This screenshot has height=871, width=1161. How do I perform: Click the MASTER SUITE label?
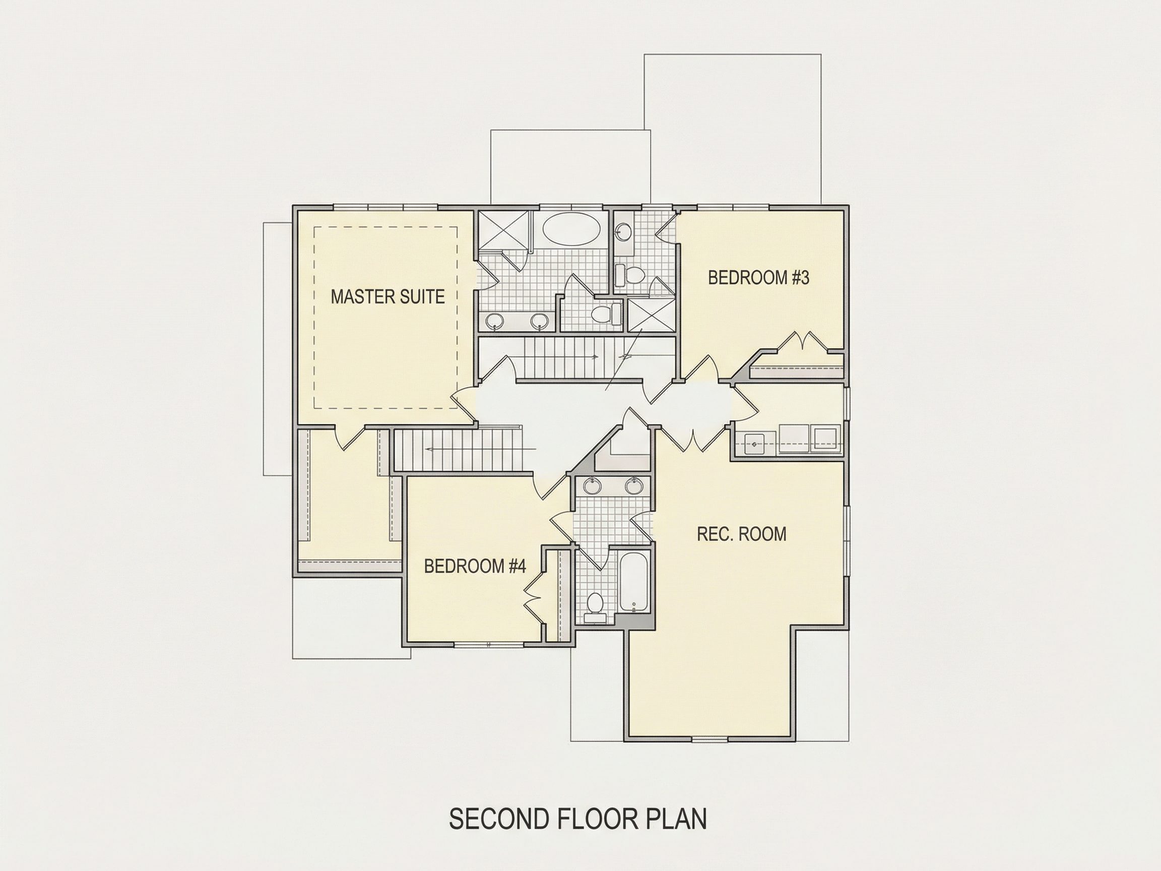point(388,296)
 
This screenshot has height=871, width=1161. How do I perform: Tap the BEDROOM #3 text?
point(758,278)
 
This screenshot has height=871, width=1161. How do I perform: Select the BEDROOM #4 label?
point(475,566)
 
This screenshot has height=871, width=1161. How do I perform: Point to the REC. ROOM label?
point(741,534)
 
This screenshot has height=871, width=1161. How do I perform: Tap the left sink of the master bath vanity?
point(494,321)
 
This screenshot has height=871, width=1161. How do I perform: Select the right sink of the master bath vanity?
point(539,321)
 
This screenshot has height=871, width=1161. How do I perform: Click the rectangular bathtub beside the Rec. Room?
point(634,581)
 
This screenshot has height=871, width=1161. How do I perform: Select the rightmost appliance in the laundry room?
point(825,438)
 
